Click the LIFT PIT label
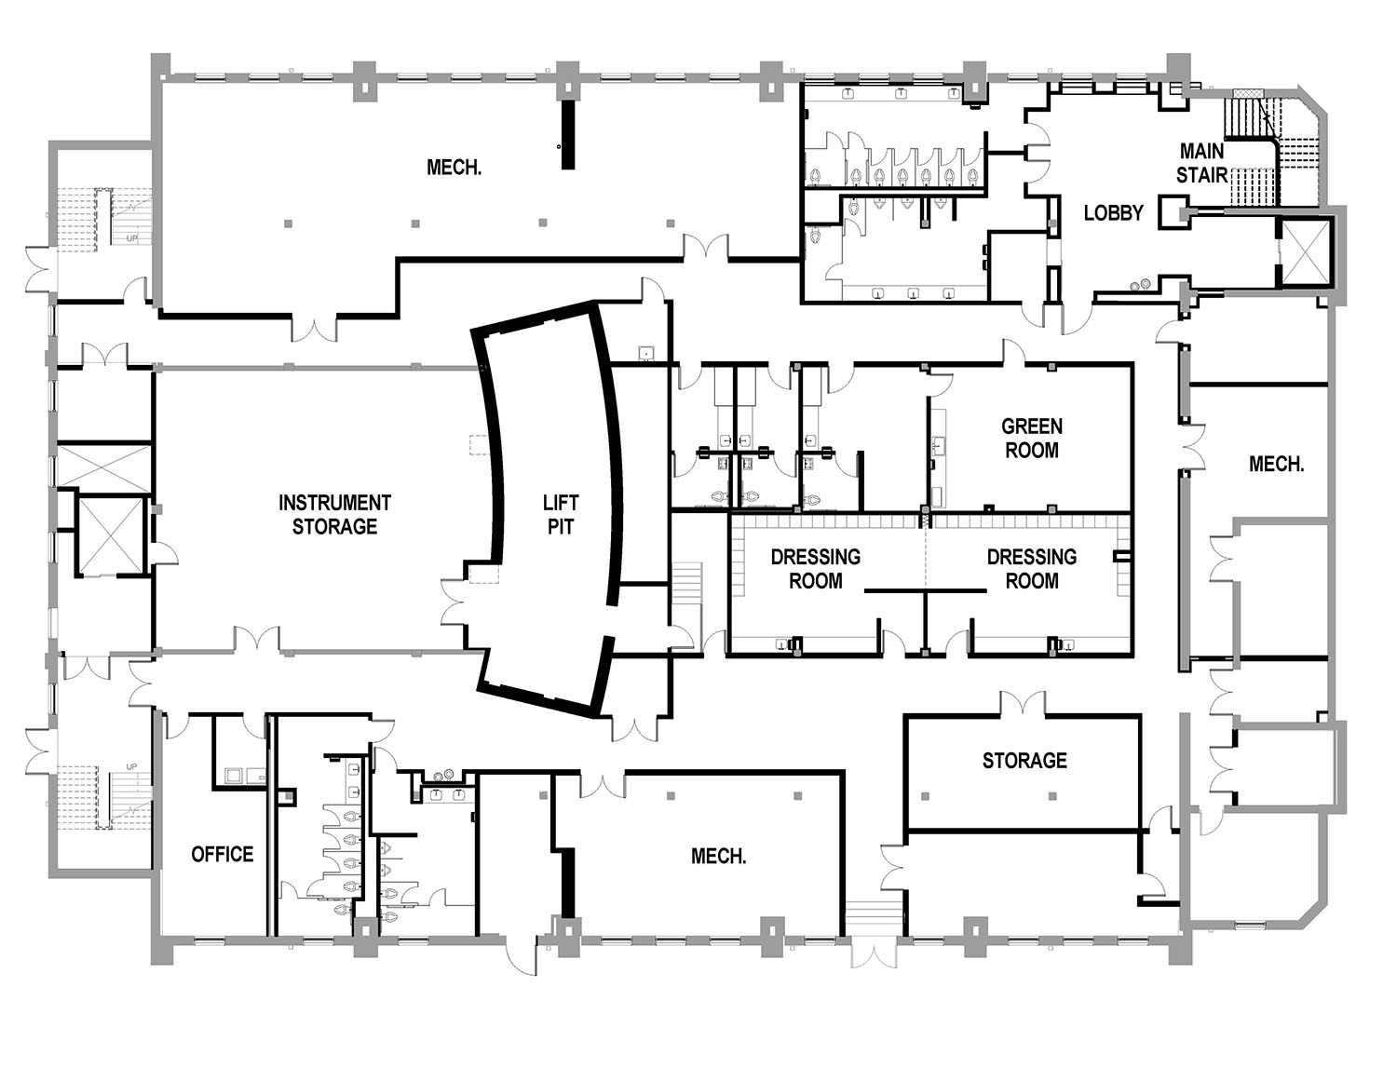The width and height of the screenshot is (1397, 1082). coord(561,514)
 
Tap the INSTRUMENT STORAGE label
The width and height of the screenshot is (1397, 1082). coord(334,514)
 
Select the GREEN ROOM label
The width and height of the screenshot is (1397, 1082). coord(1031,439)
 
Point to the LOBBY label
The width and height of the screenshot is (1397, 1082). coord(1114,212)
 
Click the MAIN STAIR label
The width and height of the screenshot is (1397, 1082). coord(1201,163)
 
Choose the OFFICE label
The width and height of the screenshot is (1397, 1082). coord(223,854)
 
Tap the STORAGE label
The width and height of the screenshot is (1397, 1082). coord(1024,761)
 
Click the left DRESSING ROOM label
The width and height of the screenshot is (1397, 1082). coord(815,569)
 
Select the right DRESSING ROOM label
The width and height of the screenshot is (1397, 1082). coord(1031,569)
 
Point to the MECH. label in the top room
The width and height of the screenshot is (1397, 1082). coord(454,168)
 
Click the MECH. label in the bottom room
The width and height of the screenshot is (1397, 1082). coord(718,856)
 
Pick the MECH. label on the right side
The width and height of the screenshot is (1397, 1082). coord(1276,464)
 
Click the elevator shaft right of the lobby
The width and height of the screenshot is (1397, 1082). coord(1305,251)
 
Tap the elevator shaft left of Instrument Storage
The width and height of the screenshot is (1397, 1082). coord(110,536)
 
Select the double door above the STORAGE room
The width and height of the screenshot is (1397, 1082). coord(1023,704)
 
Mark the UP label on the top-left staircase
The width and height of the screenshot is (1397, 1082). coord(132,238)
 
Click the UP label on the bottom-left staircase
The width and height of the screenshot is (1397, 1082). coord(132,766)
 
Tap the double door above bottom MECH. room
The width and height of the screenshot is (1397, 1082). coord(603,785)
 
